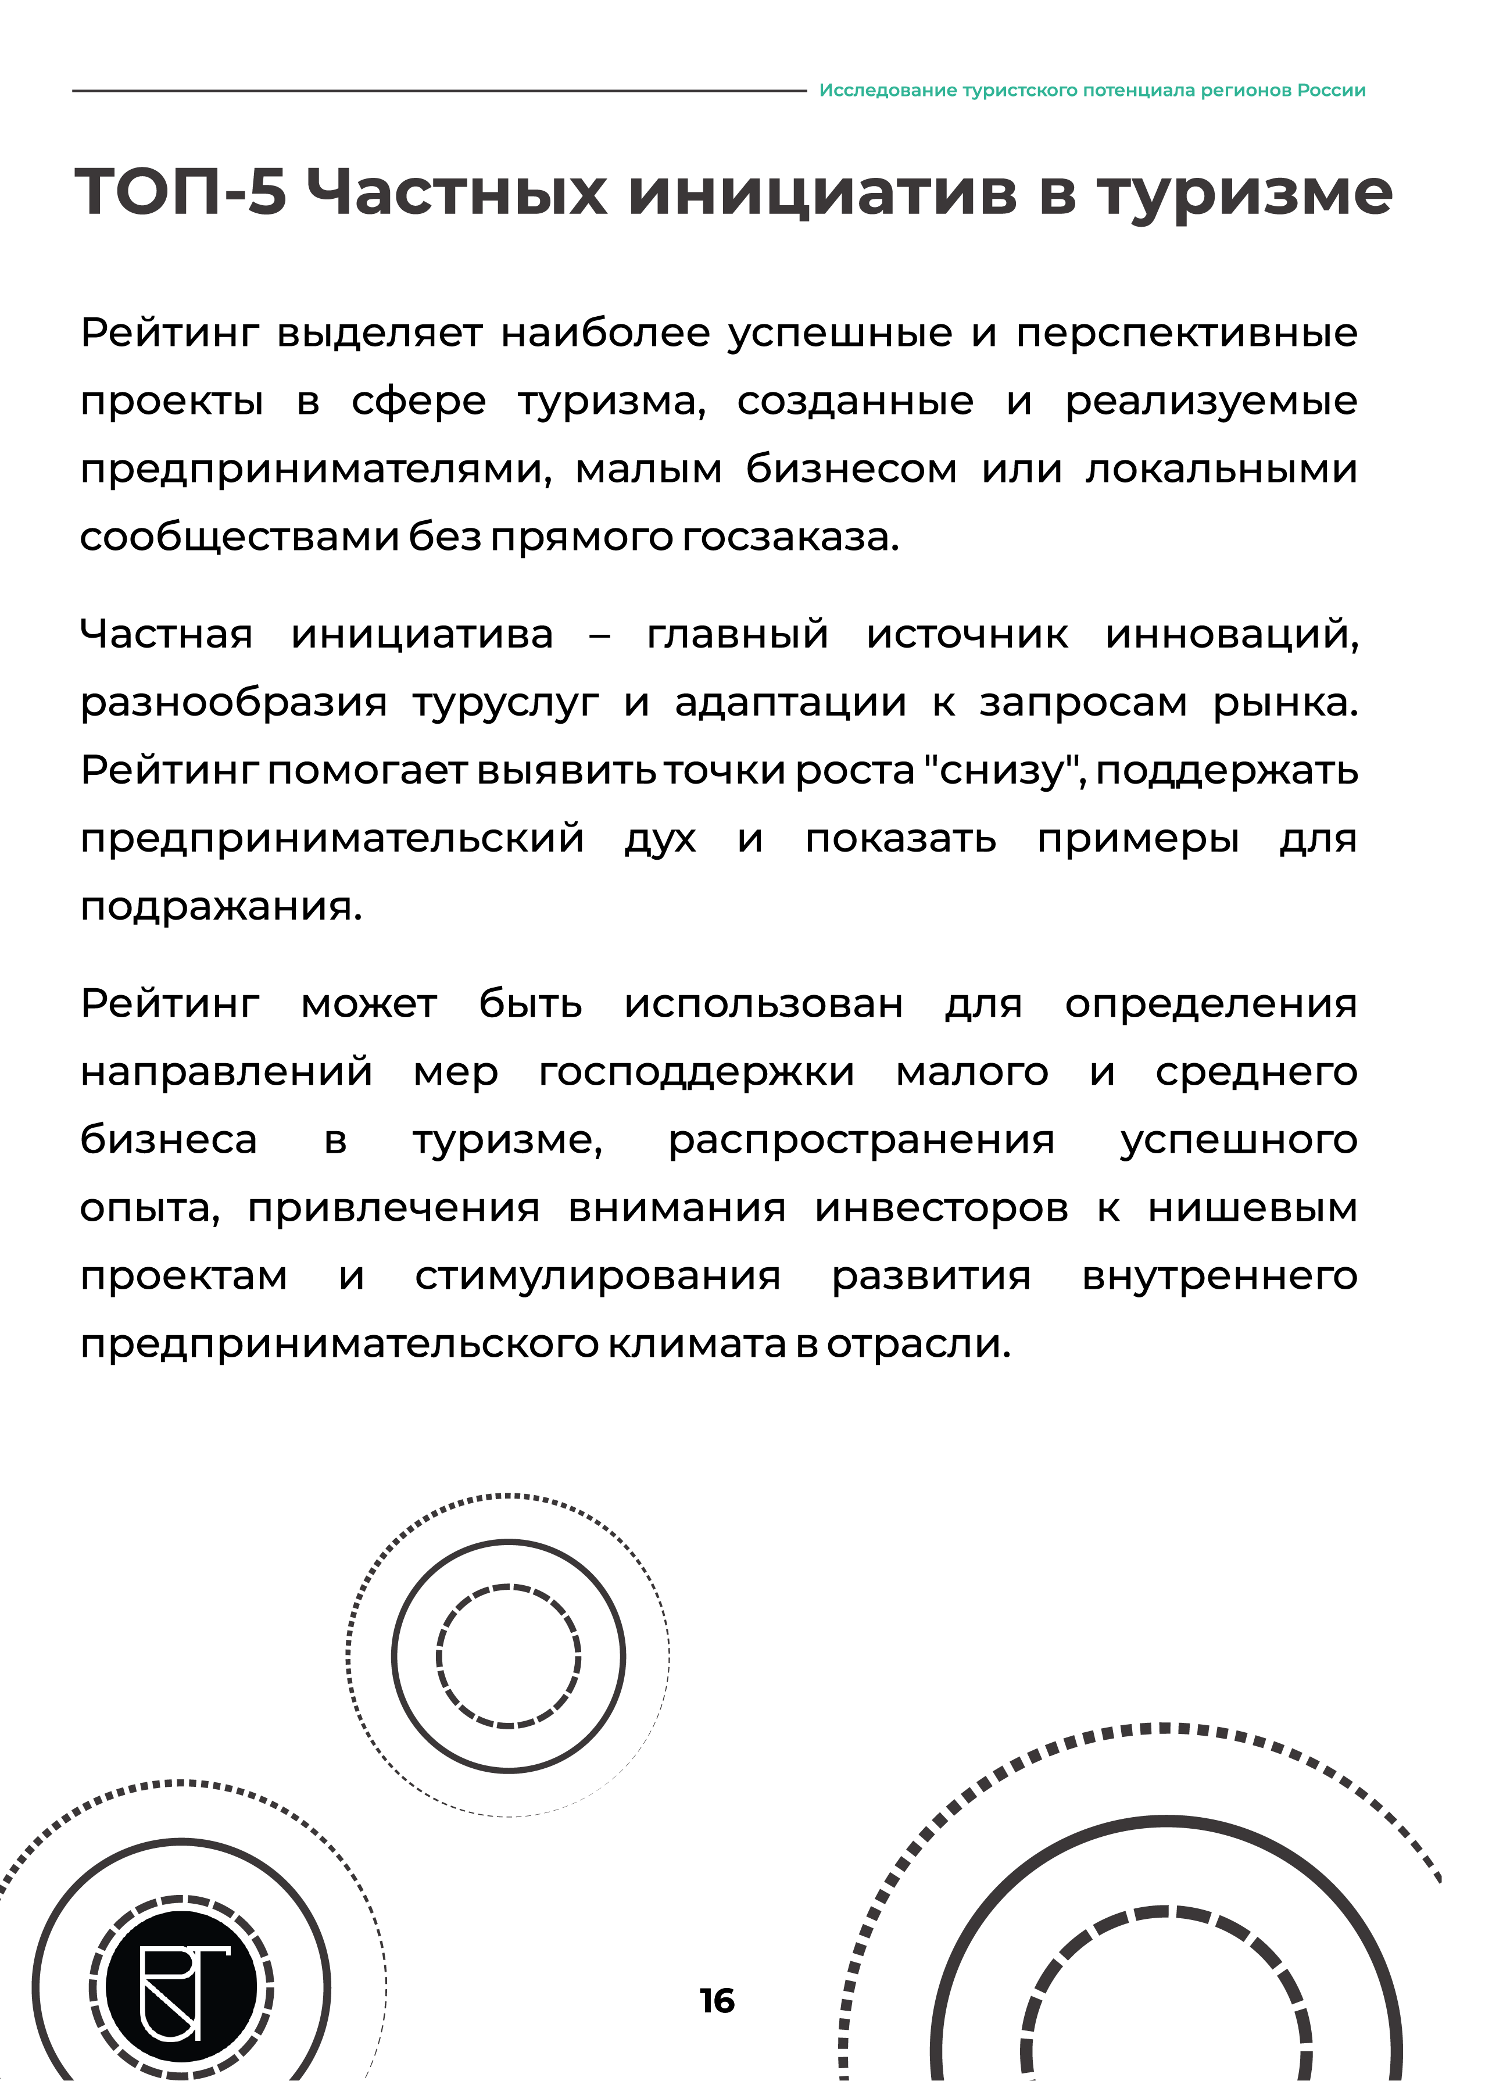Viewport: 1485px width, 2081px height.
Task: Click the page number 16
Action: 717,2001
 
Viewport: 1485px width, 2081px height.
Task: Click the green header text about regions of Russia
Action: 1092,91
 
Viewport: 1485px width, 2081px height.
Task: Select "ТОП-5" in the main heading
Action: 181,193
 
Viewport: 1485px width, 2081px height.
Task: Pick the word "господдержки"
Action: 697,1071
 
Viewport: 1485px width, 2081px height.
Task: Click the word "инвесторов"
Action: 941,1208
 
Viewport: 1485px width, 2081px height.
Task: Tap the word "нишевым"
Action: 1252,1208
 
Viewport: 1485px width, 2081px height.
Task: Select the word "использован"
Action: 764,1004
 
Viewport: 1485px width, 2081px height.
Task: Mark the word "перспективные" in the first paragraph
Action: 1187,333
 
